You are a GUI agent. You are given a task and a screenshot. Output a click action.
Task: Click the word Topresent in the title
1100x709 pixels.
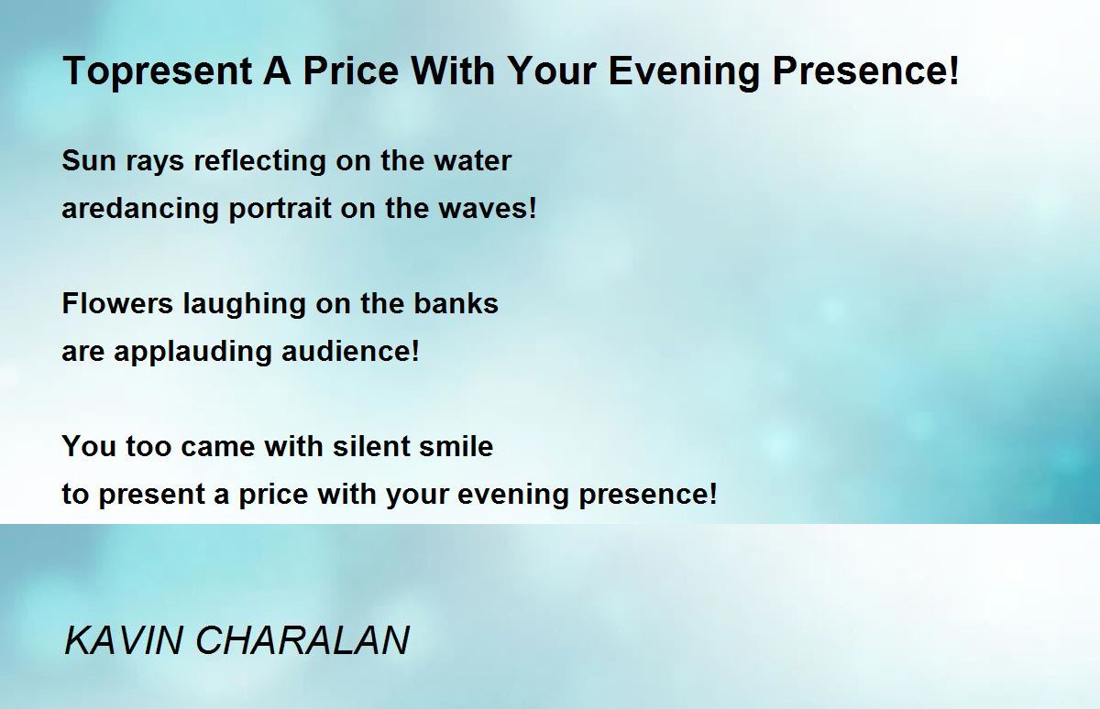[158, 71]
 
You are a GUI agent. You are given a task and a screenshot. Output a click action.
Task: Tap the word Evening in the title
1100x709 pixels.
[684, 71]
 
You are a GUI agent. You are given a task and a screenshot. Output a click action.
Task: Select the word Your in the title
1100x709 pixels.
[552, 71]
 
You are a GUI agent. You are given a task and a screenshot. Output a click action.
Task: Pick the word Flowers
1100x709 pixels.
[117, 303]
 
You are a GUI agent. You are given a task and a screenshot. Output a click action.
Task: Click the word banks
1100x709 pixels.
[456, 302]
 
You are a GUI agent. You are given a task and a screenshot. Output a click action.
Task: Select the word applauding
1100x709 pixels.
[192, 353]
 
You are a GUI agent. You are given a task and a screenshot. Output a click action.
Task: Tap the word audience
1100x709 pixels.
[346, 351]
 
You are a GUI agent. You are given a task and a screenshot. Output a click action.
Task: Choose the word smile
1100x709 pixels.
[456, 446]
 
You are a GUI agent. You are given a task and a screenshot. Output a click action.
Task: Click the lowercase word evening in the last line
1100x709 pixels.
[513, 495]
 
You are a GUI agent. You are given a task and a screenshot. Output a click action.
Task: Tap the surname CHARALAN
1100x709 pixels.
[302, 640]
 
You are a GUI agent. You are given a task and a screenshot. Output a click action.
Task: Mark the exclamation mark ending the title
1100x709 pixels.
[953, 71]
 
